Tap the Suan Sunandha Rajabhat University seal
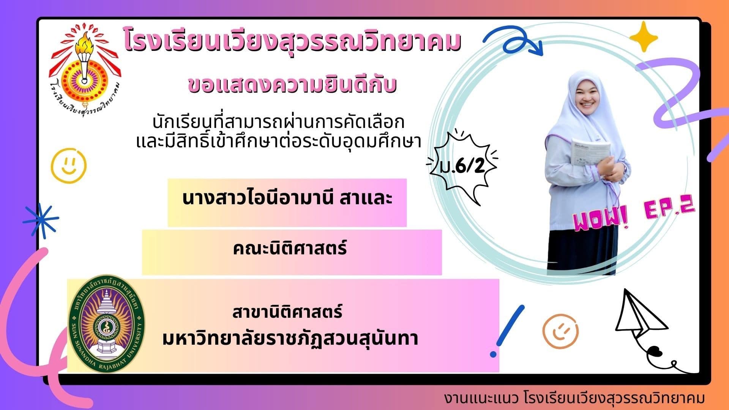(x=106, y=323)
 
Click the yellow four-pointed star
(x=644, y=37)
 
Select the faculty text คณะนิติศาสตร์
(x=290, y=249)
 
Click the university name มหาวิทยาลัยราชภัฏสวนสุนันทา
(x=290, y=338)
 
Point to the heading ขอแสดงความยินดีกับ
(x=292, y=84)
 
